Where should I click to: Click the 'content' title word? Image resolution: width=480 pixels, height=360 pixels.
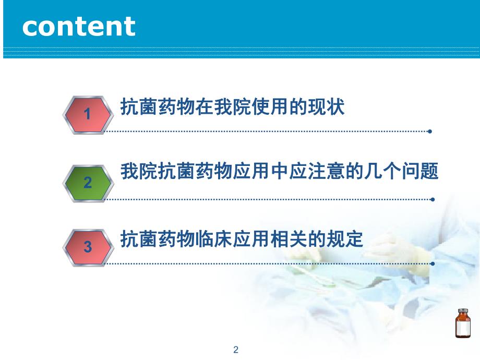(x=79, y=27)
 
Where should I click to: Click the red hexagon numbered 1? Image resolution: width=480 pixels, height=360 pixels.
(x=88, y=114)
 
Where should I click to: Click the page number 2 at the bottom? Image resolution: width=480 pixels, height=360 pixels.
(x=236, y=350)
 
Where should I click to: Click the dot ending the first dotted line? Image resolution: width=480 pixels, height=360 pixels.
(x=429, y=131)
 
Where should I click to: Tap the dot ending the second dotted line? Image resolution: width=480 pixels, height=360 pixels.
(x=431, y=199)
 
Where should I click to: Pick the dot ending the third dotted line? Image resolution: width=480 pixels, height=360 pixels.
(x=431, y=263)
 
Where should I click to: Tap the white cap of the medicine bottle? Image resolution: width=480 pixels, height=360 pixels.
(x=462, y=311)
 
